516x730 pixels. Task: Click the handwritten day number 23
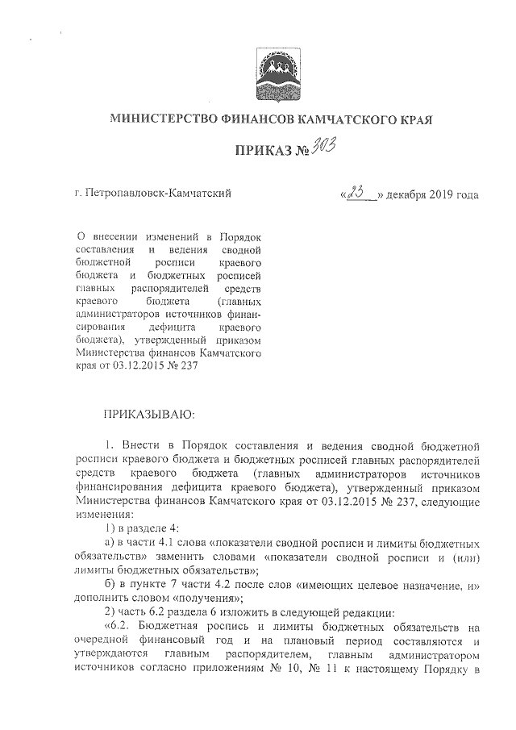(x=360, y=193)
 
